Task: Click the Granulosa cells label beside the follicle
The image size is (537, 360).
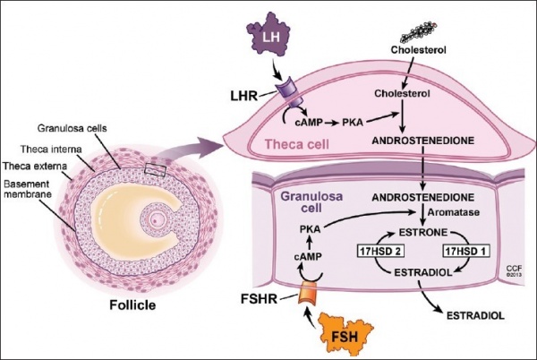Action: [x=82, y=127]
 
